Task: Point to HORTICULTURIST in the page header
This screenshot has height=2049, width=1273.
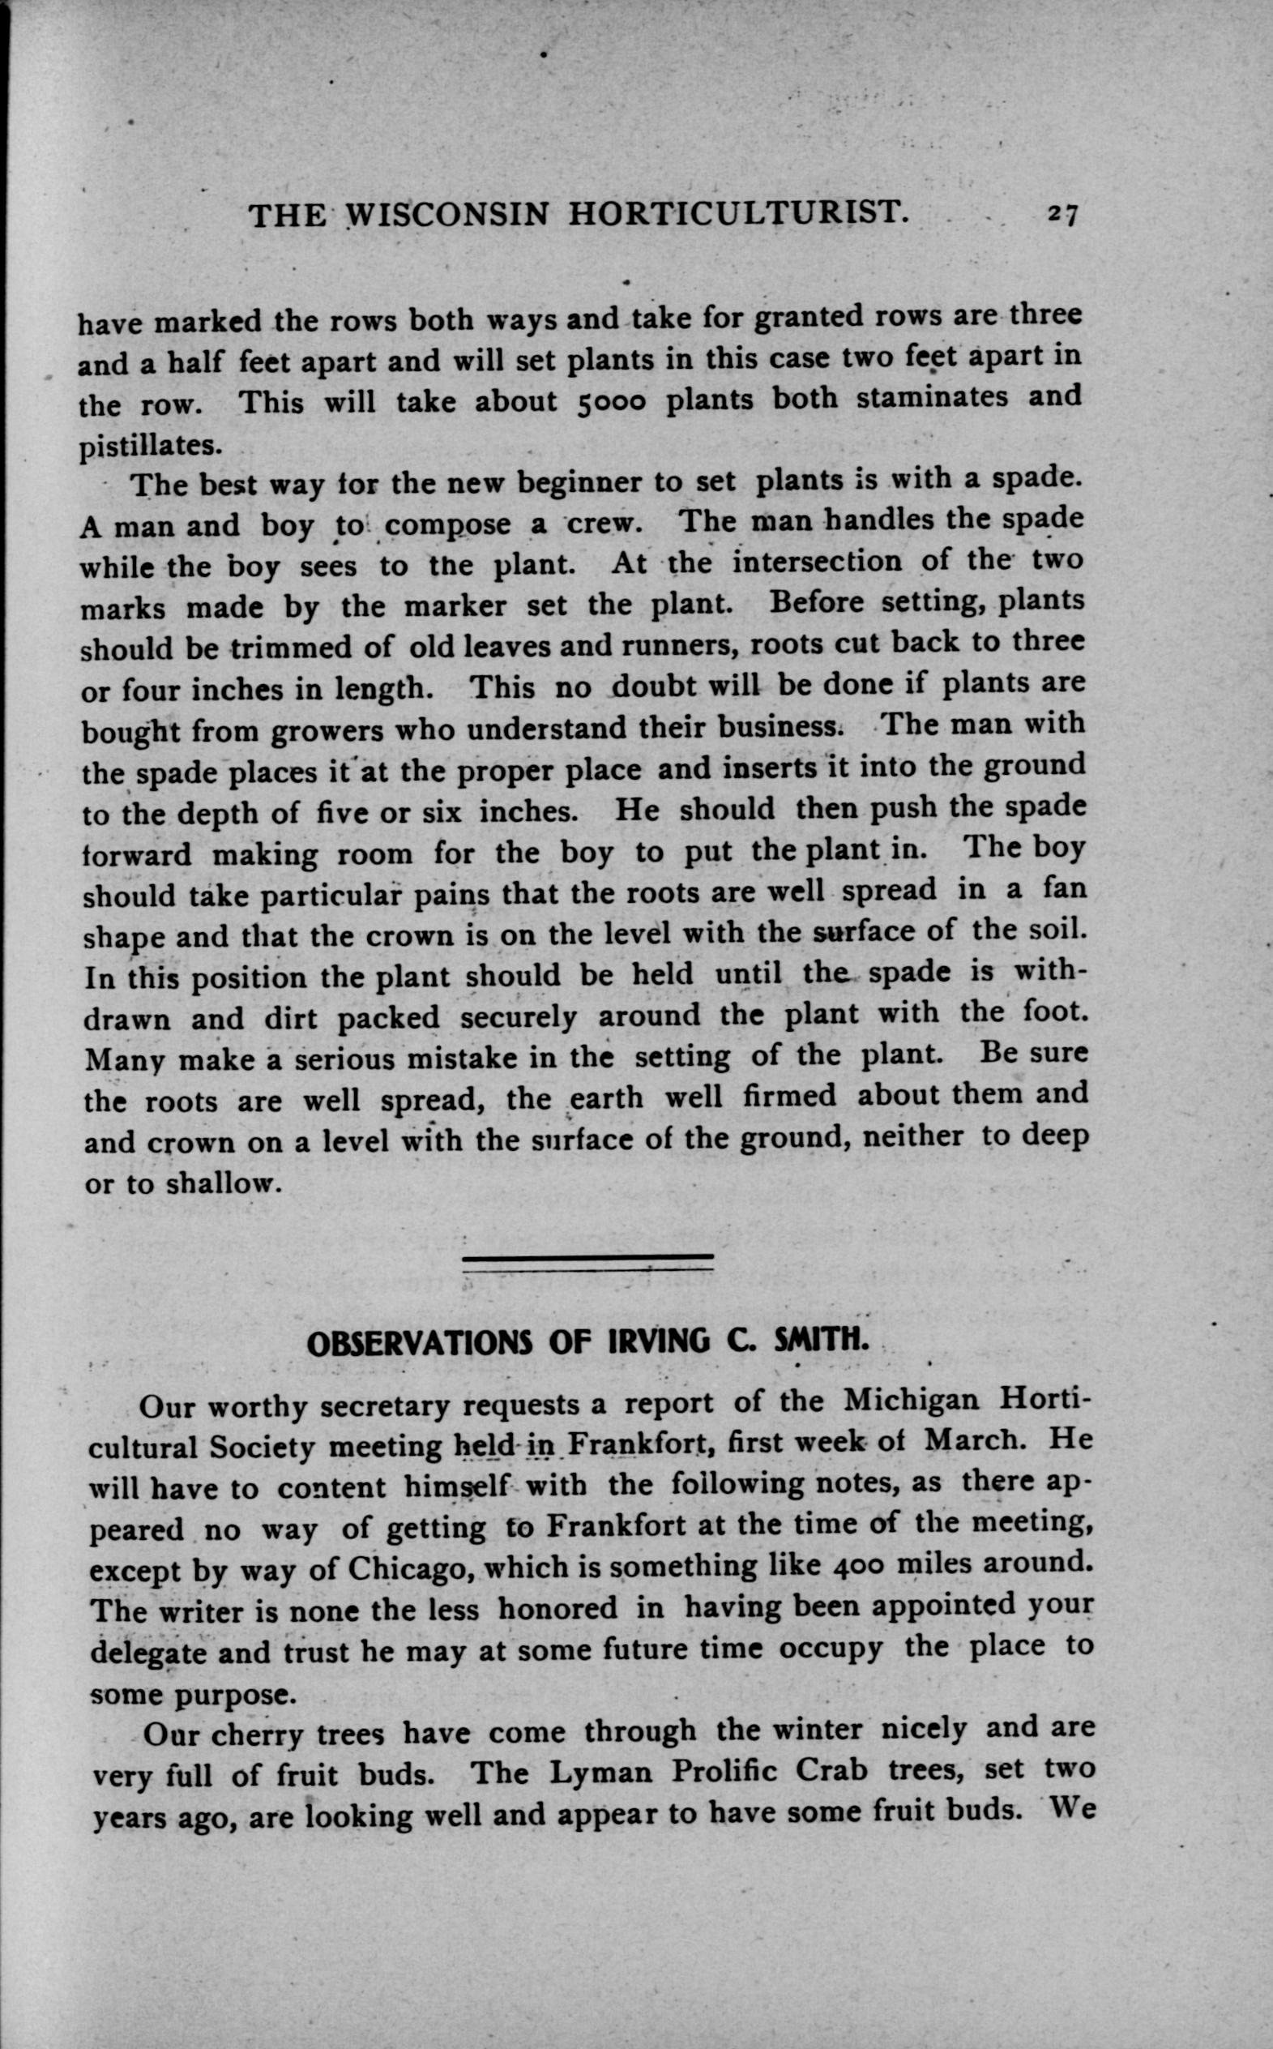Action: [738, 215]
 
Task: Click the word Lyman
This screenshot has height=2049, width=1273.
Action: [600, 1773]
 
